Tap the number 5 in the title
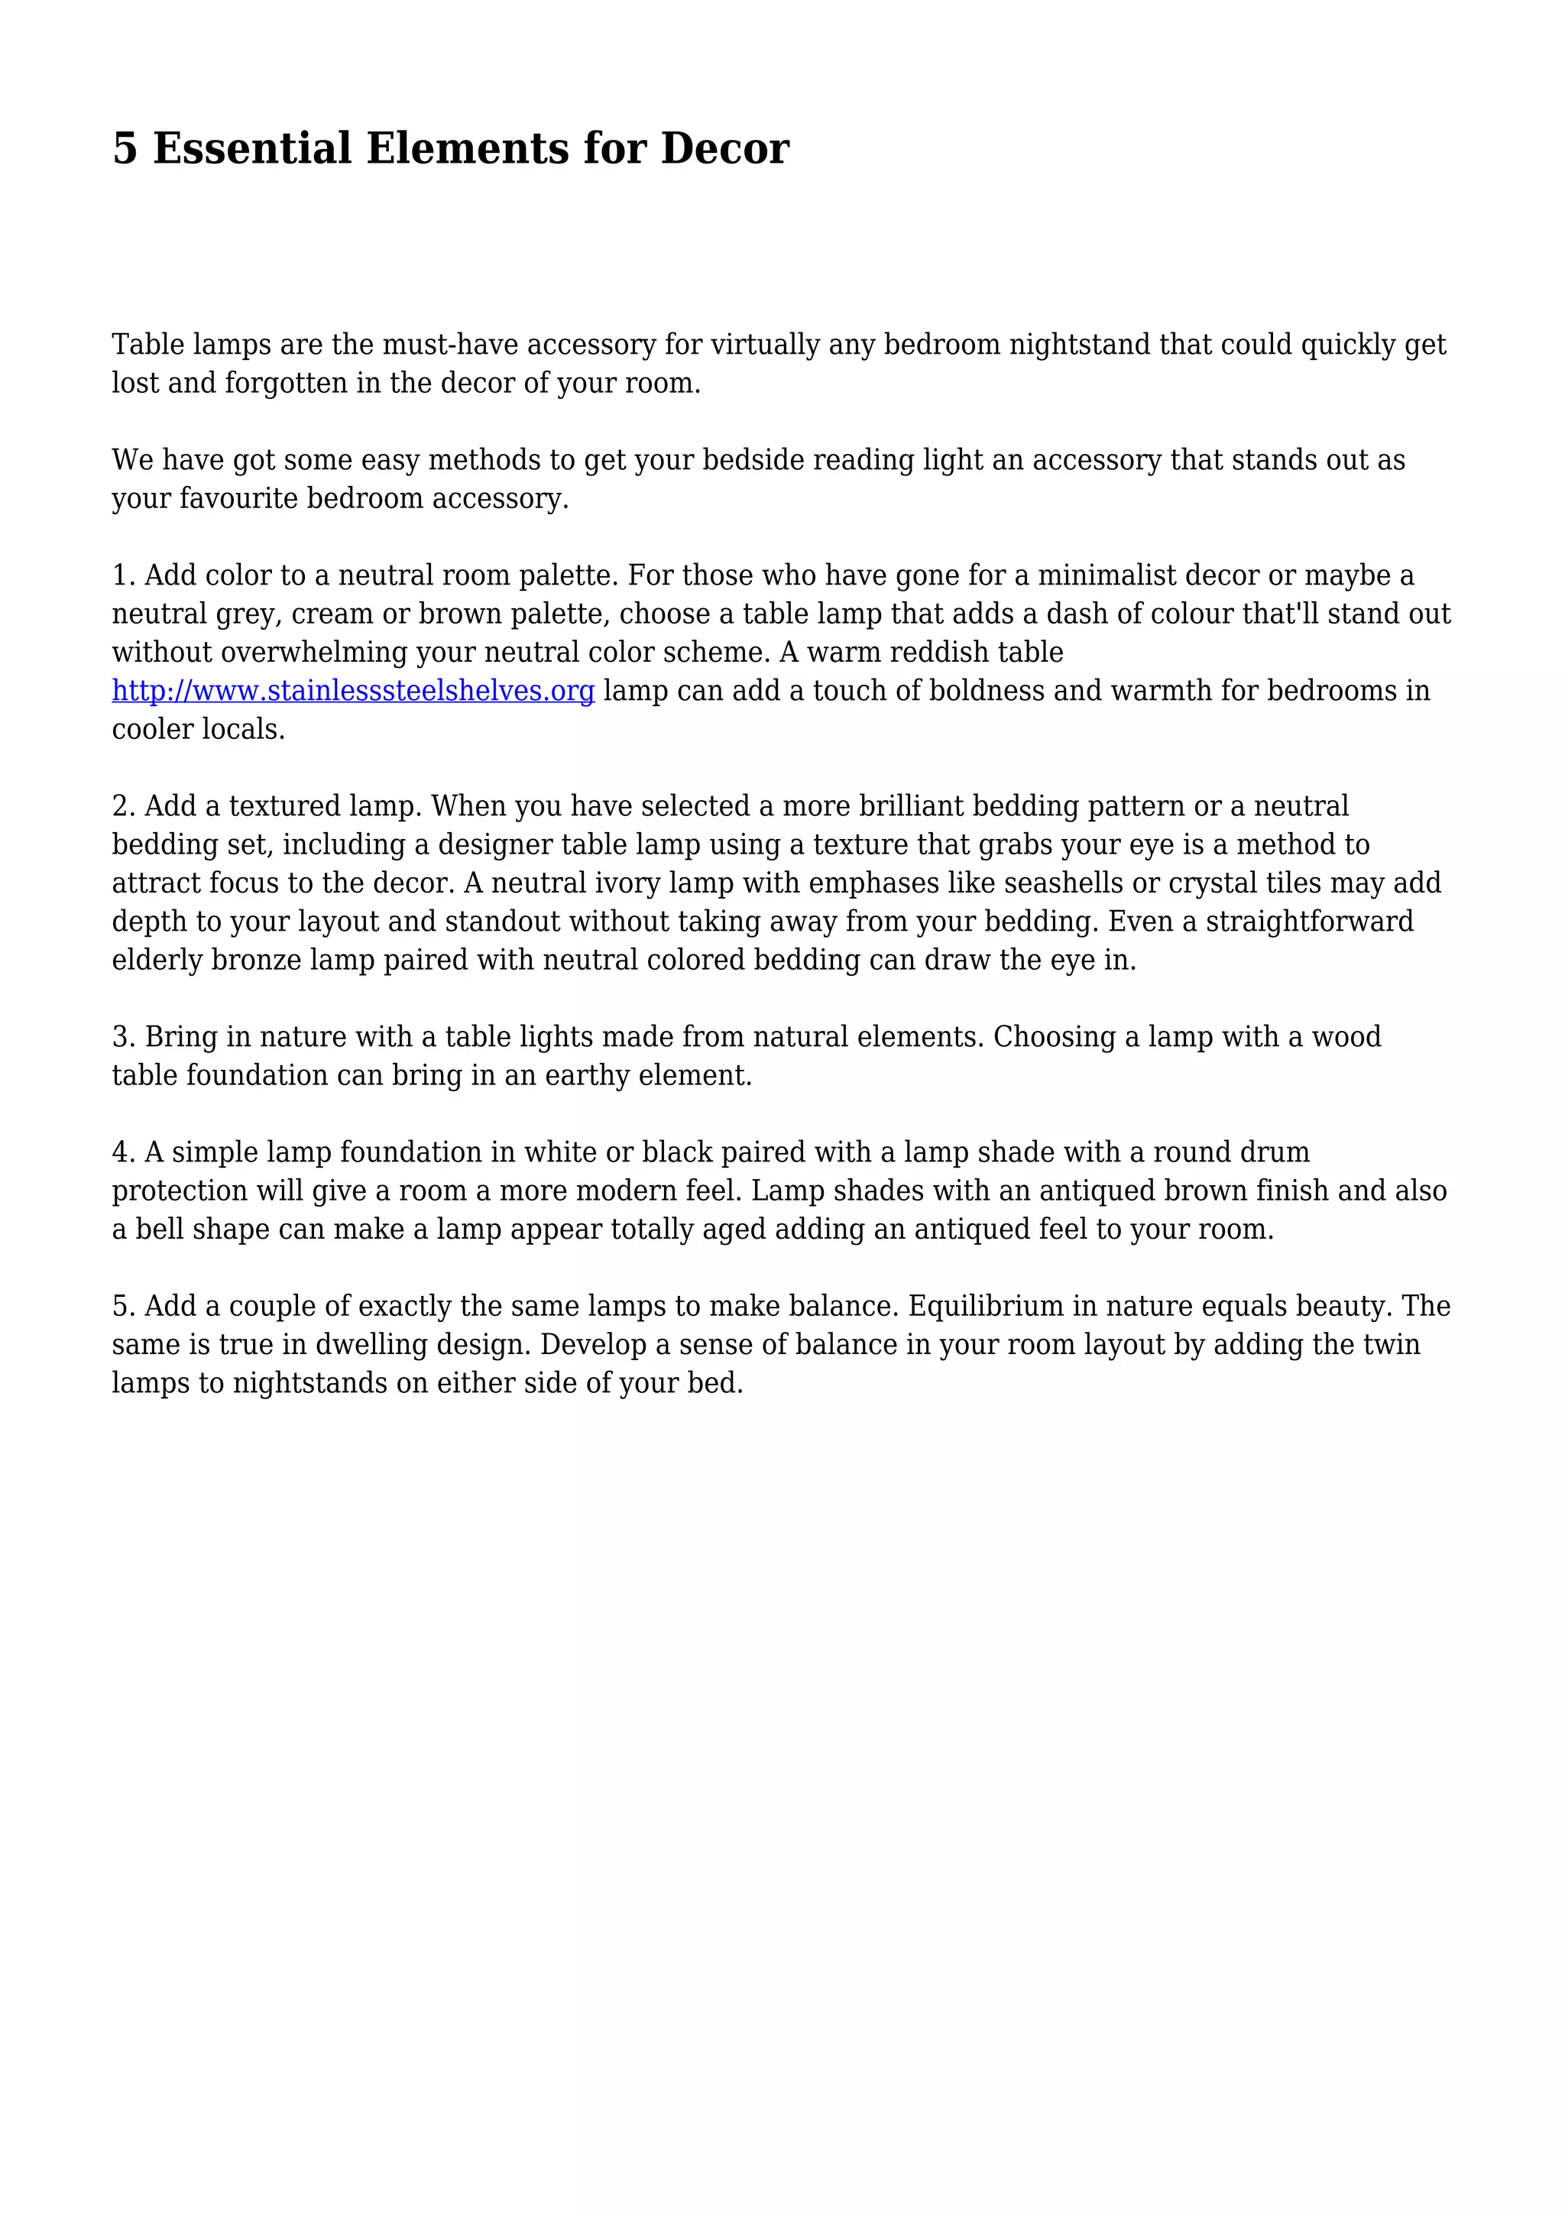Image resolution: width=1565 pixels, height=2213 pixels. pyautogui.click(x=125, y=148)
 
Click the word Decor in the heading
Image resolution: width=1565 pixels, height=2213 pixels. pyautogui.click(x=724, y=148)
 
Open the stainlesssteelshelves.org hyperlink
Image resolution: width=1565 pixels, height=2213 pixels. pyautogui.click(x=353, y=691)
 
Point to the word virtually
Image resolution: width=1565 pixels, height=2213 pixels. pyautogui.click(x=764, y=345)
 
